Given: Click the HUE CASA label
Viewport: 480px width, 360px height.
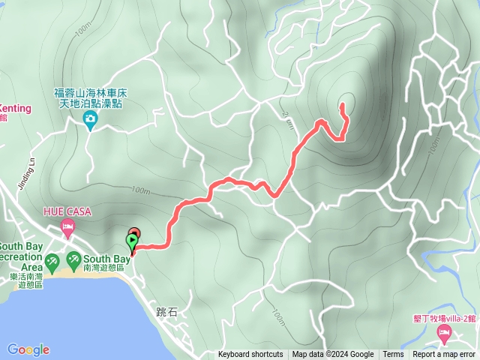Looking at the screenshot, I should [67, 212].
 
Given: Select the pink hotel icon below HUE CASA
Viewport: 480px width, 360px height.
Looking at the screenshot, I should [68, 226].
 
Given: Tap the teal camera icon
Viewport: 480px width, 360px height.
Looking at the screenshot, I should [90, 119].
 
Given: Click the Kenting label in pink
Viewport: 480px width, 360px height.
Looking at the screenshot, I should [15, 108].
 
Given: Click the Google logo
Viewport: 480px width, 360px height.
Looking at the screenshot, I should [28, 349].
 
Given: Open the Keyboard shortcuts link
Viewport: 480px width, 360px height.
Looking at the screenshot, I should [250, 355].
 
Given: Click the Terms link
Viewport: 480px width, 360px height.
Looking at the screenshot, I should [393, 355].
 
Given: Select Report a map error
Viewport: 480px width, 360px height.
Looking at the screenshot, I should [444, 355].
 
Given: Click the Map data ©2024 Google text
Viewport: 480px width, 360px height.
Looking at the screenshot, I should [333, 355].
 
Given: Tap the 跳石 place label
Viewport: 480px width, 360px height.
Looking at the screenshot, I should [167, 312].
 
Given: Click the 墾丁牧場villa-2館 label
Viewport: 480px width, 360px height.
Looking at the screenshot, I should [444, 318].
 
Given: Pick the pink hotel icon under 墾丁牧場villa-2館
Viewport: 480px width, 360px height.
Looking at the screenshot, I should [444, 331].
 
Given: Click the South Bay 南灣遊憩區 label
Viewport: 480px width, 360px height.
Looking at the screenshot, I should [102, 262].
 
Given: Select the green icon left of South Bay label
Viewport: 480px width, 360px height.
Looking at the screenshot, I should [74, 262].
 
